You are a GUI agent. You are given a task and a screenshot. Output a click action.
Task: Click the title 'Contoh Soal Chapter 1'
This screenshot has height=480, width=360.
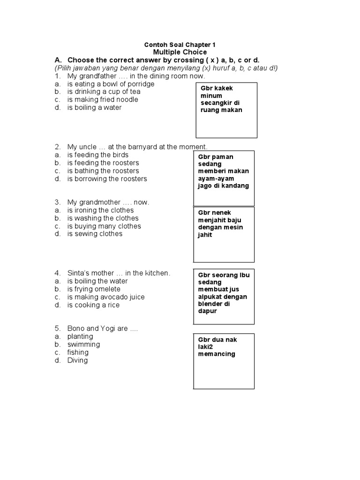[x=180, y=45]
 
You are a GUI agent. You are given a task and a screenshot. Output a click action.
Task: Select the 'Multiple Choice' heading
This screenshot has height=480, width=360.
[x=180, y=52]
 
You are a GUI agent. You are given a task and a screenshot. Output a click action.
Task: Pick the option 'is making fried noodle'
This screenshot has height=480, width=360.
[x=103, y=100]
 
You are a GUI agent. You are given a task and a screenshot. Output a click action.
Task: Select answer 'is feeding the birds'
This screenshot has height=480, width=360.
[x=97, y=155]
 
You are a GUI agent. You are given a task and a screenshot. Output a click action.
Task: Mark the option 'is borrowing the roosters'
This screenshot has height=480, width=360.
[x=107, y=179]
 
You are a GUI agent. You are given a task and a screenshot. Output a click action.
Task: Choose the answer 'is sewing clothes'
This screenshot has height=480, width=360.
[x=95, y=233]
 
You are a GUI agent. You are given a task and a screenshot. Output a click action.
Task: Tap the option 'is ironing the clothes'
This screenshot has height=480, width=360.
[x=100, y=210]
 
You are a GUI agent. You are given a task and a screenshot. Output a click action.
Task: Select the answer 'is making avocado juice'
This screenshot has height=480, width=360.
[x=106, y=297]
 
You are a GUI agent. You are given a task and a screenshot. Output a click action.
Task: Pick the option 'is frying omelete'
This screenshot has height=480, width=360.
[x=94, y=289]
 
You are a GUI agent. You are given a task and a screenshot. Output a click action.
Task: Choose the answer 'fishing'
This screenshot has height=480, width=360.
[x=77, y=352]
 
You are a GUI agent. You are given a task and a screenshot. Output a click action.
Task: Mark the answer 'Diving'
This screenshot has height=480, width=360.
[x=77, y=360]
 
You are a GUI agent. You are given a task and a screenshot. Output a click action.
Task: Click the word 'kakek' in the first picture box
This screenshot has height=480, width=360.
[x=223, y=88]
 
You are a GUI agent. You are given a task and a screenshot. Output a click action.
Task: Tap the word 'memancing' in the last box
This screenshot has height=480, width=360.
[x=216, y=354]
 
